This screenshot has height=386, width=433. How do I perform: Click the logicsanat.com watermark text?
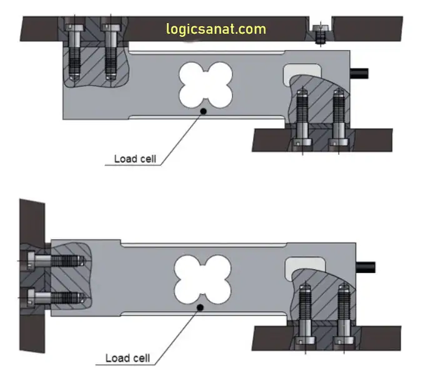(216, 29)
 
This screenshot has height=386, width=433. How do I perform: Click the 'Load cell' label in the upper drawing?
(134, 159)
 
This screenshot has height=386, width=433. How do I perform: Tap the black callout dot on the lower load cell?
(200, 307)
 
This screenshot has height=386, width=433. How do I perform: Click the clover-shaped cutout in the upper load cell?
(204, 84)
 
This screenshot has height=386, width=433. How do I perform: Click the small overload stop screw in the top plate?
(321, 34)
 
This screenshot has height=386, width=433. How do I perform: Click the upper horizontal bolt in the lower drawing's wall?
(56, 259)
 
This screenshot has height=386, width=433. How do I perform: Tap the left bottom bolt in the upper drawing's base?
(303, 119)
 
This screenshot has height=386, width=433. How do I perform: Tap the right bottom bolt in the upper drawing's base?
(339, 119)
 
